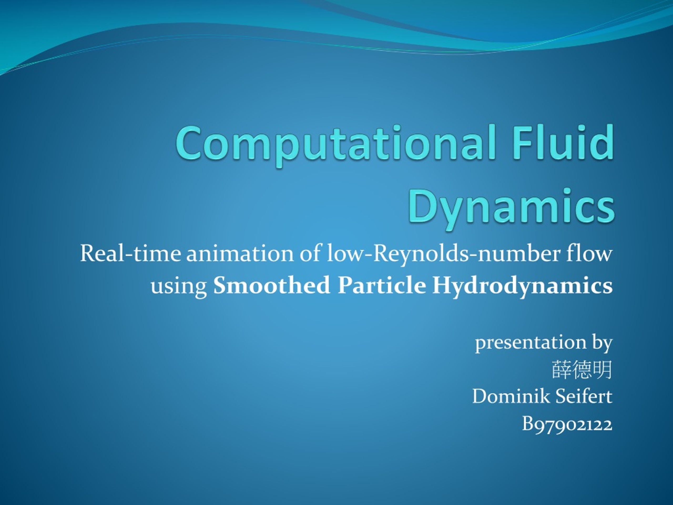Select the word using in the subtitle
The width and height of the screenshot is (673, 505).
click(179, 286)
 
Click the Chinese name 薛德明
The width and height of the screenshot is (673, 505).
click(582, 370)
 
